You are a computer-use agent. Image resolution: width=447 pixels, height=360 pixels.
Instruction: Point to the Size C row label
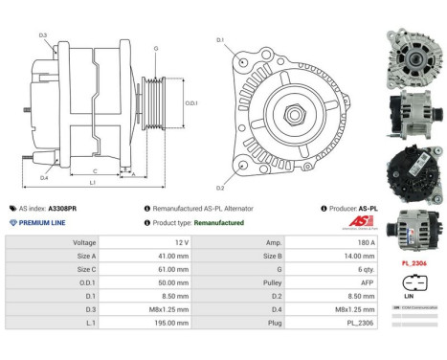(x=85, y=269)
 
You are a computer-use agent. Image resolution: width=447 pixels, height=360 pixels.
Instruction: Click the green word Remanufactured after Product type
(x=218, y=222)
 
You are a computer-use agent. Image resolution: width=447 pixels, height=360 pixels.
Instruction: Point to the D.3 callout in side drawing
(x=43, y=35)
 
